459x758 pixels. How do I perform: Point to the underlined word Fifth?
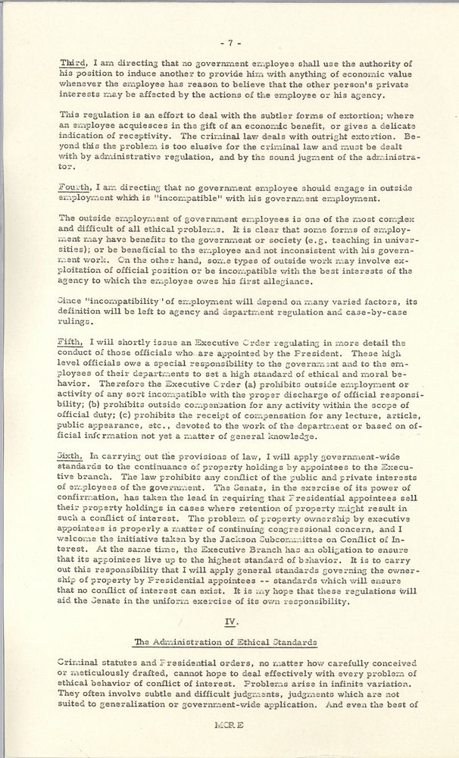tap(69, 343)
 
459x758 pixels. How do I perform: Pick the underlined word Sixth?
tap(70, 456)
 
